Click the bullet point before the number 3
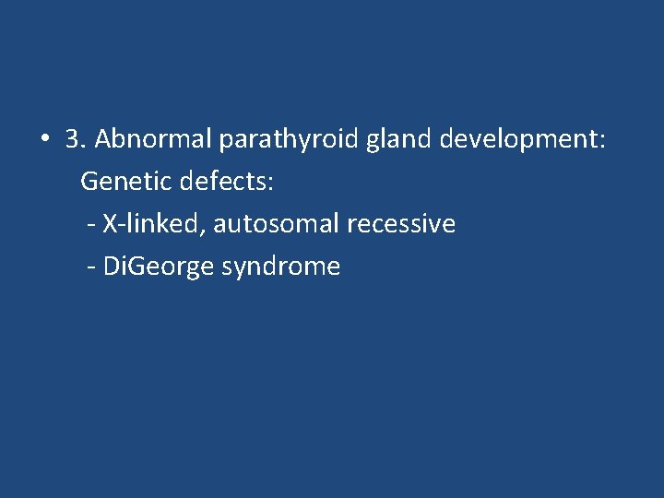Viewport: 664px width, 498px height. tap(44, 141)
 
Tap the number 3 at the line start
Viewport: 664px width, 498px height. tap(74, 139)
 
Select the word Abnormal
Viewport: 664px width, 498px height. tap(153, 139)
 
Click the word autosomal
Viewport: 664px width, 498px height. tap(277, 224)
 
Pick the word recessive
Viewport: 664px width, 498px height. tap(401, 224)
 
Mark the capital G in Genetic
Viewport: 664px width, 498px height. tap(89, 182)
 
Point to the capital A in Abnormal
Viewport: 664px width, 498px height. tap(103, 139)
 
